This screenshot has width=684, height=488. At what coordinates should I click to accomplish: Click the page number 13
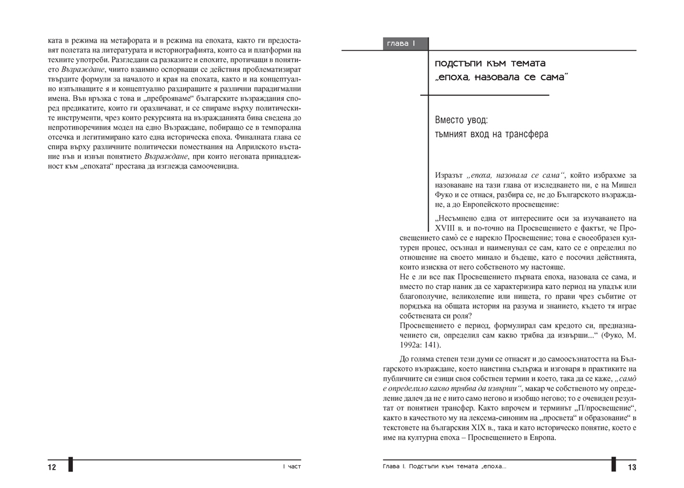point(632,467)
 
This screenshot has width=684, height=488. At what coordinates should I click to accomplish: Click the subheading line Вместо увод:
point(461,120)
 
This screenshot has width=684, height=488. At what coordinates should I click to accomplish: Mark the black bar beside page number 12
point(71,464)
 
